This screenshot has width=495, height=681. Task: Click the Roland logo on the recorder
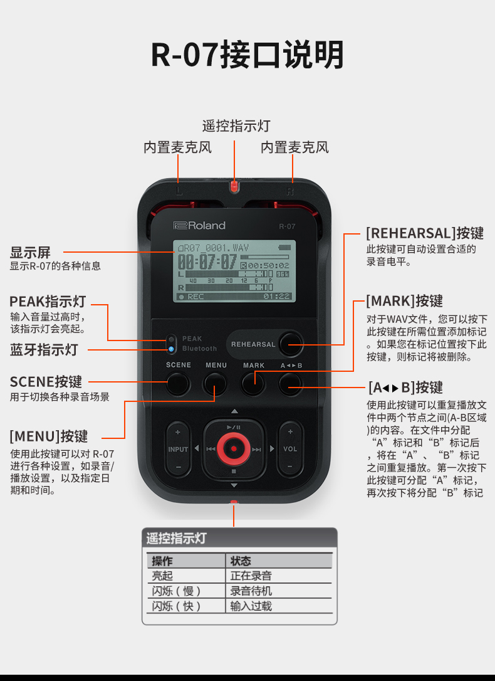(199, 226)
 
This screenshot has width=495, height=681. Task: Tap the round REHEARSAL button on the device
(291, 343)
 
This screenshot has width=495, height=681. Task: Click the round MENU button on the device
(215, 383)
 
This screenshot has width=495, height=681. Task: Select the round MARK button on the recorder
(253, 383)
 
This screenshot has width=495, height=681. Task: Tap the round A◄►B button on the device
(291, 383)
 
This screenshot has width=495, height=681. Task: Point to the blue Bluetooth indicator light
(170, 349)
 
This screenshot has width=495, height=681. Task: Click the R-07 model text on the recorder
(287, 226)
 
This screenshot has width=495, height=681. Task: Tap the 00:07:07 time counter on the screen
(207, 261)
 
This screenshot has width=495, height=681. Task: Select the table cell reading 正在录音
(251, 576)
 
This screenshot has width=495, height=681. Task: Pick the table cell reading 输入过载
(251, 606)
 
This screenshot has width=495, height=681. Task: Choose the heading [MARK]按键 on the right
(404, 300)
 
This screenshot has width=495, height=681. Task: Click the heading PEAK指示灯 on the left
(47, 301)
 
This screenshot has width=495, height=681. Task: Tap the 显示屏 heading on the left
(29, 253)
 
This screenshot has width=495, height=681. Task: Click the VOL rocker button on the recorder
(290, 449)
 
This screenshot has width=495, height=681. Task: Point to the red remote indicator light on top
(234, 186)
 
